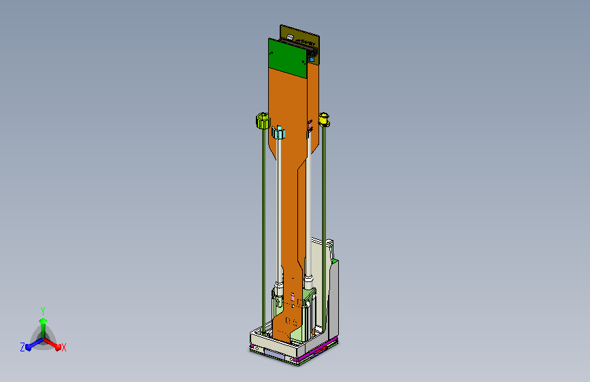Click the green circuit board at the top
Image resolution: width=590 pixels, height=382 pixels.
coord(288,58)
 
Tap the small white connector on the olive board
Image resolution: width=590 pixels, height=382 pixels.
coord(290,37)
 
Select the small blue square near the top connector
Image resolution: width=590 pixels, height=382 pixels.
coord(312,59)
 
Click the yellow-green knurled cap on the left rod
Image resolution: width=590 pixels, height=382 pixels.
coord(263,121)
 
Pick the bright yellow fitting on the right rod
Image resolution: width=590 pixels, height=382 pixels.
coord(324,120)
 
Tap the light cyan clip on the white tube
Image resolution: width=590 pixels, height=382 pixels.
coord(278,132)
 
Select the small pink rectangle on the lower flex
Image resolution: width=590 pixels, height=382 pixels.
coord(293,297)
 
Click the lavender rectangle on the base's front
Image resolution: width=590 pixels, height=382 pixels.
coord(275,353)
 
